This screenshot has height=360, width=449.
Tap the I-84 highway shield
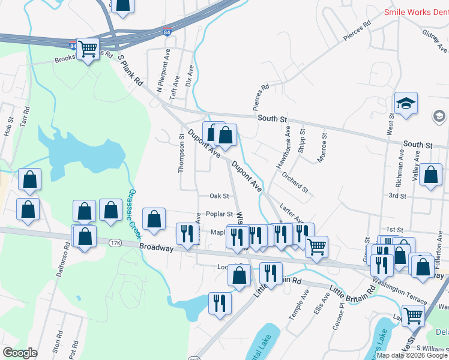pos(73,46)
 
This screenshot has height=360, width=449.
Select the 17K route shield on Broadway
pos(115,243)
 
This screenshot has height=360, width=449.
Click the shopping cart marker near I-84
pos(88,49)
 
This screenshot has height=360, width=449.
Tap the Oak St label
pos(219,196)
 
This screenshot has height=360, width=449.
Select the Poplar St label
pos(219,214)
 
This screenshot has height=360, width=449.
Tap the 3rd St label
pos(397,196)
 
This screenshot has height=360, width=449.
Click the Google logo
pos(20,353)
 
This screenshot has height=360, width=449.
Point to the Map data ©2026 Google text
pos(412,355)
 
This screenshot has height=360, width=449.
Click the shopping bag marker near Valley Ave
pos(431,175)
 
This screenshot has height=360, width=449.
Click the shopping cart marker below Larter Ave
pos(316,246)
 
